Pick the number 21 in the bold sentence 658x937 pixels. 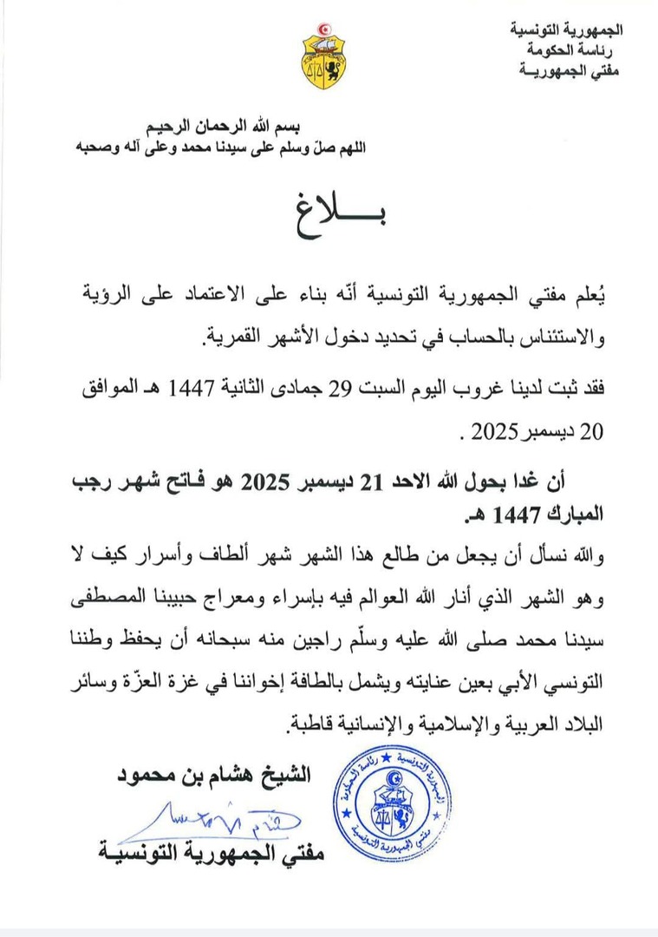(370, 482)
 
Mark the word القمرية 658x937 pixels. (233, 337)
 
